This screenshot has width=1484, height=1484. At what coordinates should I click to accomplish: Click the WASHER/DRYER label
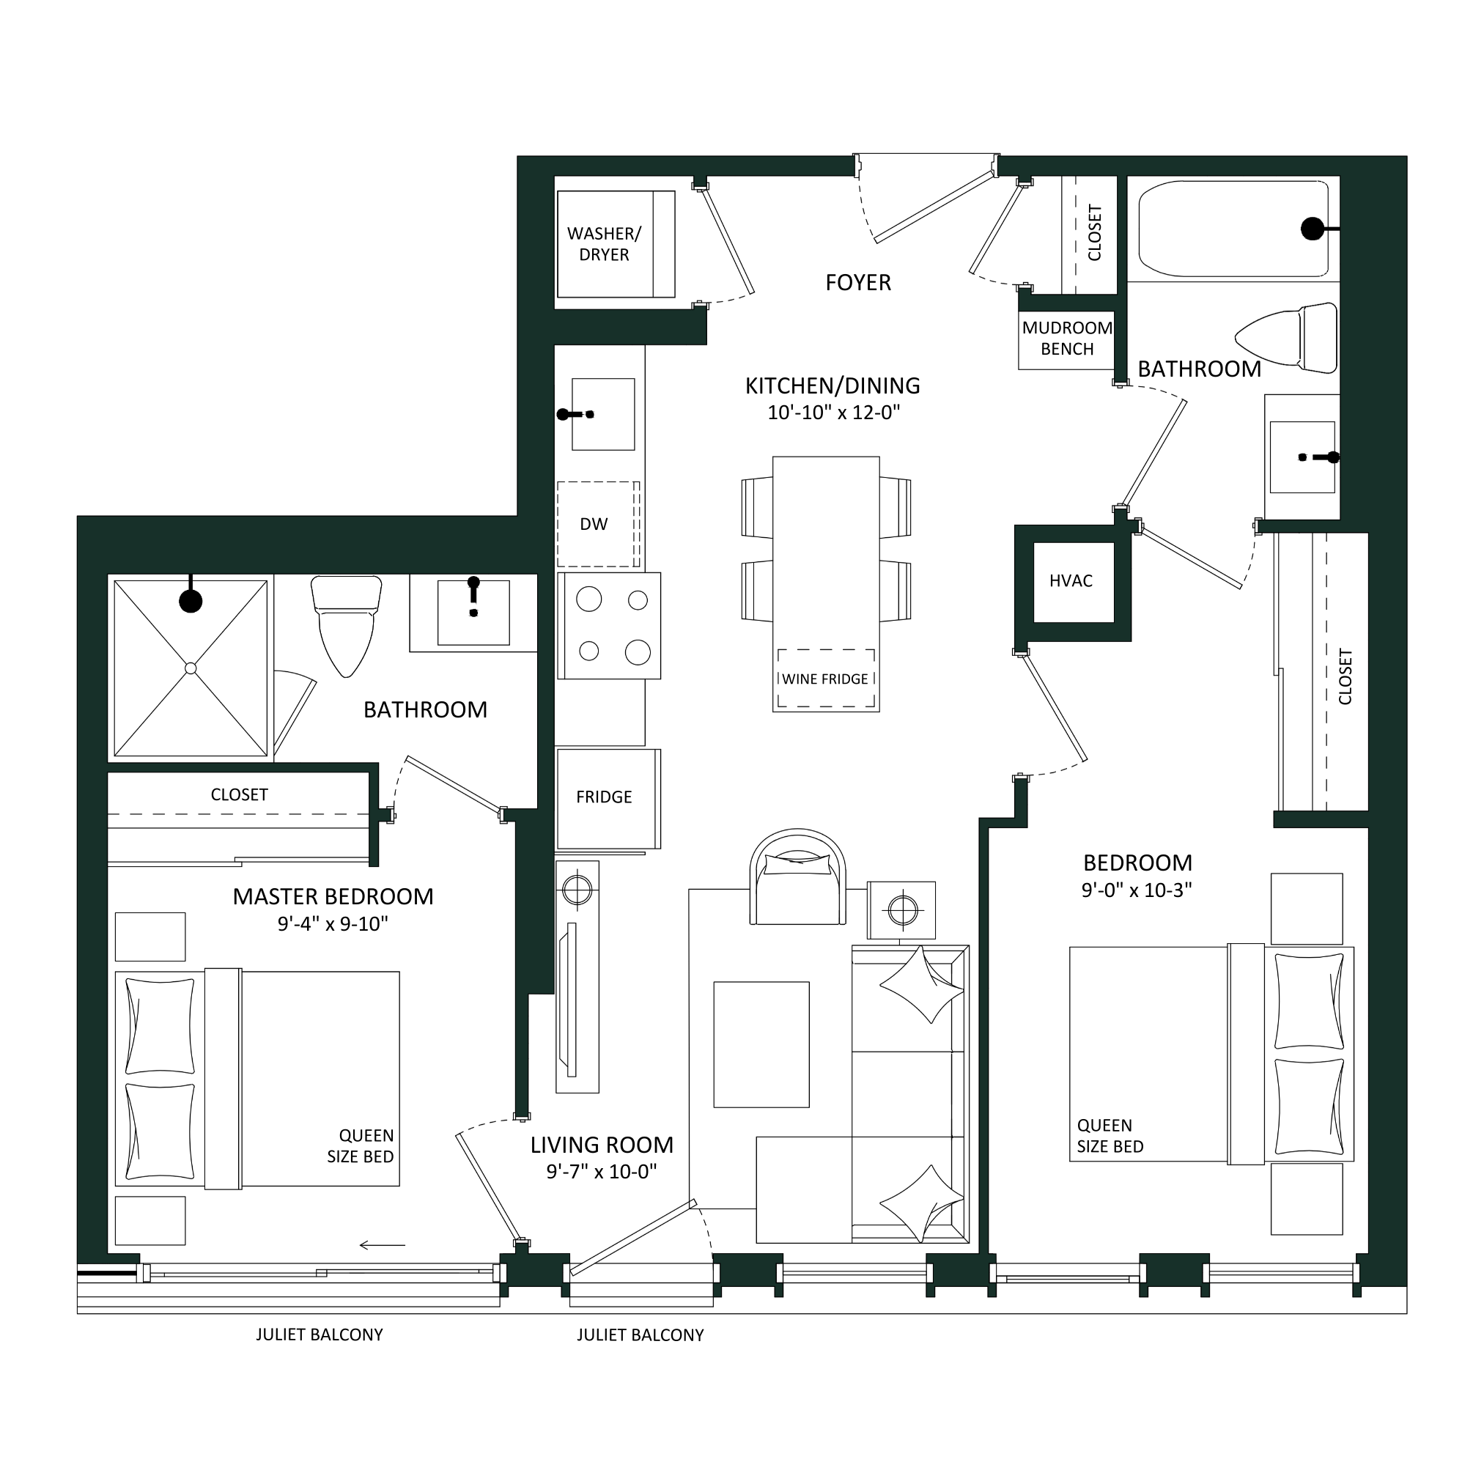[x=604, y=244]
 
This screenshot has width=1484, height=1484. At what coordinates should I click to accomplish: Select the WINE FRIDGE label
[x=825, y=680]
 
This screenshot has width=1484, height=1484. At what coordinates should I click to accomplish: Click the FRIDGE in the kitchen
[x=608, y=799]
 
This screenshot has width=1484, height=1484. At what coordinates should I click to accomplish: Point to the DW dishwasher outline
[x=598, y=525]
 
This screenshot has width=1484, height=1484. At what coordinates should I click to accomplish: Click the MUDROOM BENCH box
[x=1067, y=339]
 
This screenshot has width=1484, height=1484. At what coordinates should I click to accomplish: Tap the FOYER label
[x=858, y=283]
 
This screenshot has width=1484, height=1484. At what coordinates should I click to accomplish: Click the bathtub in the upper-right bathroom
[x=1233, y=229]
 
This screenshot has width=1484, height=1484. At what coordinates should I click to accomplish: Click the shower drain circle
[x=191, y=668]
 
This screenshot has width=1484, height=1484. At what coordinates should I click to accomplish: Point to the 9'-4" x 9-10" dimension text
[x=333, y=924]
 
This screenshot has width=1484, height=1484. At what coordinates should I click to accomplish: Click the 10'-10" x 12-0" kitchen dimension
[x=833, y=413]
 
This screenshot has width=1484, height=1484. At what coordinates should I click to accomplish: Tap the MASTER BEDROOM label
[x=333, y=896]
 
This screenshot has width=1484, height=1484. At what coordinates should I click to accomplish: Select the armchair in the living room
[x=798, y=878]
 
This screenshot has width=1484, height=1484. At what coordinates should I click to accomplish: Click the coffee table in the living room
[x=761, y=1044]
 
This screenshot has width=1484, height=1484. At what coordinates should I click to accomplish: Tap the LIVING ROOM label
[x=602, y=1145]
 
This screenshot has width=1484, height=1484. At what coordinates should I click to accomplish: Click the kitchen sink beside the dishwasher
[x=603, y=414]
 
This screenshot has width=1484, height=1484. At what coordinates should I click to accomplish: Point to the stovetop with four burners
[x=609, y=625]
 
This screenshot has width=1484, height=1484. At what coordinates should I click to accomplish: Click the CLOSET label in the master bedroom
[x=239, y=795]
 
